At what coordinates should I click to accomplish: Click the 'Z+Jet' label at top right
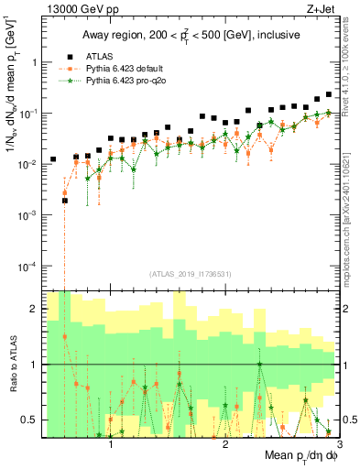[316, 8]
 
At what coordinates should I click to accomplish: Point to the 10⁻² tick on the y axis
[29, 164]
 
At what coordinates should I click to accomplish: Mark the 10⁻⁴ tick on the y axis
[29, 266]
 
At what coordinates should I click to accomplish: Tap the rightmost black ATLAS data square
[329, 94]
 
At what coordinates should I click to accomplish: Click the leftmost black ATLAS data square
[53, 159]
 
